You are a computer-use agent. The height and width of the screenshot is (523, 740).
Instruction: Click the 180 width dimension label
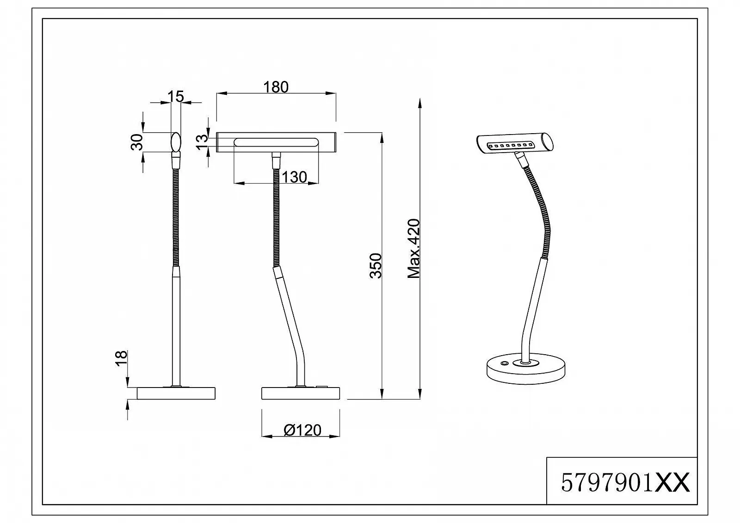point(276,87)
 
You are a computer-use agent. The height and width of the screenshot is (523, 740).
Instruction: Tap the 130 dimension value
point(294,177)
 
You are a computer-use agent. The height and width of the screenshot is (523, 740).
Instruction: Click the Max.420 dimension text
point(414,249)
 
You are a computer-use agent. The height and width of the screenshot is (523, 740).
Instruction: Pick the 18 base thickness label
point(120,359)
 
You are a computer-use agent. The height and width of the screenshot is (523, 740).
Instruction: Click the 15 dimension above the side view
point(176,97)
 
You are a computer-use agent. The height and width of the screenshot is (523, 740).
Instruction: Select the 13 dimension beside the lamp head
point(201,142)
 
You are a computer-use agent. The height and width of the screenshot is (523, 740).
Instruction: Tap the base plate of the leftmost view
point(176,393)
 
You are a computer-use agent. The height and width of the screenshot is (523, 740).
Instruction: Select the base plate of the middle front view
point(301,393)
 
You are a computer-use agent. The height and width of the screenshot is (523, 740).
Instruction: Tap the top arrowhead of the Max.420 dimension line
point(419,104)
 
